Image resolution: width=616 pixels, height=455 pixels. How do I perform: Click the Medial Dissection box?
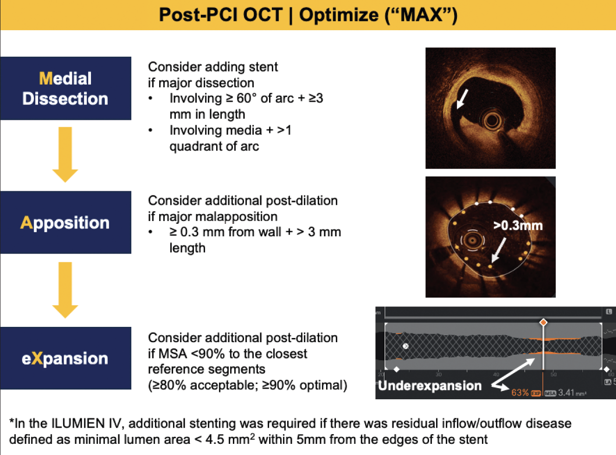click(x=65, y=88)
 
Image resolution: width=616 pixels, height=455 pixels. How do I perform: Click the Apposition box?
click(x=65, y=222)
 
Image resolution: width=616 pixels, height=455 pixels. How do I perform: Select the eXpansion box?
click(x=65, y=358)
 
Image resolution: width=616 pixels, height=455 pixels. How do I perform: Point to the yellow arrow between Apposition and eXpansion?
click(x=65, y=289)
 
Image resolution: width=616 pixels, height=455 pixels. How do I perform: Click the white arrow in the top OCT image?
click(x=462, y=99)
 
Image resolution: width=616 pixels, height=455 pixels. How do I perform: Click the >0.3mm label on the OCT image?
click(x=518, y=226)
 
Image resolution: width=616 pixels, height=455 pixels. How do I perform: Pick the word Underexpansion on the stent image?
click(x=430, y=386)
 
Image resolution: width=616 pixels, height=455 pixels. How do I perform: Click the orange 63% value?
click(x=520, y=393)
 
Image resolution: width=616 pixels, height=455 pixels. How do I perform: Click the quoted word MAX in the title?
click(x=421, y=15)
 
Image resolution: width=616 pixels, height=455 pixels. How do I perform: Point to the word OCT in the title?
click(x=263, y=15)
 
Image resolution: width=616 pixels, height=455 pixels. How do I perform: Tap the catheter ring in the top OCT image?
click(x=492, y=121)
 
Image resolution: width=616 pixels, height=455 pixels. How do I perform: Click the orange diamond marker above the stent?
click(x=543, y=322)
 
